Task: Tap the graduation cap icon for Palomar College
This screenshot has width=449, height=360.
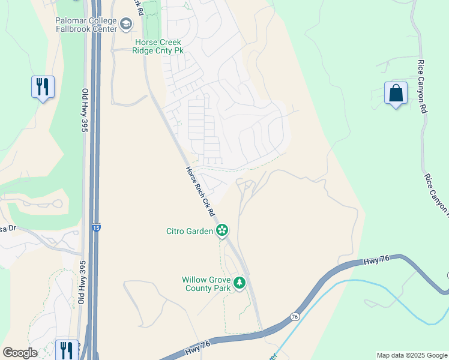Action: click(x=126, y=24)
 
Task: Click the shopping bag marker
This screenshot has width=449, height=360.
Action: click(x=396, y=94)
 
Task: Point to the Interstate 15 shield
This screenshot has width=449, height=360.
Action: click(x=97, y=227)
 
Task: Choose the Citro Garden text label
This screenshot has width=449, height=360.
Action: click(x=190, y=231)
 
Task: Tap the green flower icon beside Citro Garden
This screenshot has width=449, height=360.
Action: click(x=222, y=230)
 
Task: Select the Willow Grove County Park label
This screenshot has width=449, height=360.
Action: click(x=206, y=284)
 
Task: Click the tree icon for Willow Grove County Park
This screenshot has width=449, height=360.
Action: click(x=240, y=282)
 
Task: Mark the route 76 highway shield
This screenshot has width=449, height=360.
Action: click(x=294, y=316)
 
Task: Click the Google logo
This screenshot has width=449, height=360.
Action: click(x=20, y=353)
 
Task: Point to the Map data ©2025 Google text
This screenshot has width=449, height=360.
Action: click(x=411, y=355)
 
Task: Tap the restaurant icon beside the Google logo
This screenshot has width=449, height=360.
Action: click(x=67, y=349)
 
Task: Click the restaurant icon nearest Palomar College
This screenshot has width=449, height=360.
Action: click(x=43, y=87)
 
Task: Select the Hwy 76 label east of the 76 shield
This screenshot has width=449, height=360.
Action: click(x=377, y=261)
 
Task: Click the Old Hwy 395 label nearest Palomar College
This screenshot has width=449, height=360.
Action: click(x=85, y=110)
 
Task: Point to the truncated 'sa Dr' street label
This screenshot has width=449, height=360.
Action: click(x=7, y=228)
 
